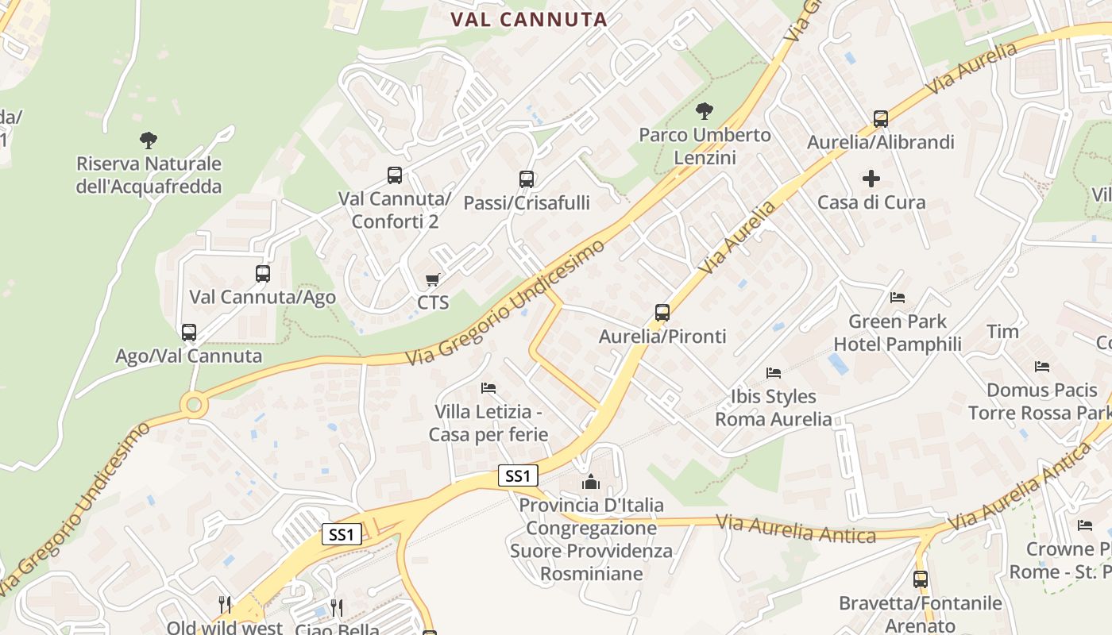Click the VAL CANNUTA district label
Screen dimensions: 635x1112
[x=529, y=20]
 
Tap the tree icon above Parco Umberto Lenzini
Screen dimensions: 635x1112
[x=704, y=111]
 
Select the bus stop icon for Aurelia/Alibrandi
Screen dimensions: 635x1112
[x=880, y=119]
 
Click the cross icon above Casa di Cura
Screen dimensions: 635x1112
[x=871, y=179]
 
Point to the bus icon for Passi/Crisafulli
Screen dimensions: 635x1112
[x=526, y=179]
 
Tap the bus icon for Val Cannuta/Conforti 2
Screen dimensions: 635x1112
[x=395, y=175]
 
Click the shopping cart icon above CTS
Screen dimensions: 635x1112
[x=433, y=279]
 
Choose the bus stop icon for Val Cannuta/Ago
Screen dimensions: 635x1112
[x=263, y=274]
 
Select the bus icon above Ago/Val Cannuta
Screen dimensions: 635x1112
[x=189, y=333]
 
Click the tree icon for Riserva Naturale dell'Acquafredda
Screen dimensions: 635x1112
[x=148, y=140]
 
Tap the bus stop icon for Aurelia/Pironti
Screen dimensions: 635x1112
[x=662, y=313]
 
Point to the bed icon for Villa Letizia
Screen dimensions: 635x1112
[x=488, y=388]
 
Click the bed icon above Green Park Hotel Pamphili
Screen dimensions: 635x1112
[x=898, y=298]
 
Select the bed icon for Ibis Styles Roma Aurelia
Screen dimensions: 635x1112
[x=774, y=372]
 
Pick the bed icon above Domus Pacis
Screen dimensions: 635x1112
[x=1042, y=367]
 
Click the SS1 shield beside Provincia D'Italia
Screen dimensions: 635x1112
[x=518, y=475]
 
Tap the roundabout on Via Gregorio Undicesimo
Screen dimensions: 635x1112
[x=193, y=405]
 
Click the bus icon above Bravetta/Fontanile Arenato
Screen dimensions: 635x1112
[x=921, y=579]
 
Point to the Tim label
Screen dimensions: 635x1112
[x=1002, y=331]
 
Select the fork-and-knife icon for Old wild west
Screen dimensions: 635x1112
[x=225, y=606]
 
